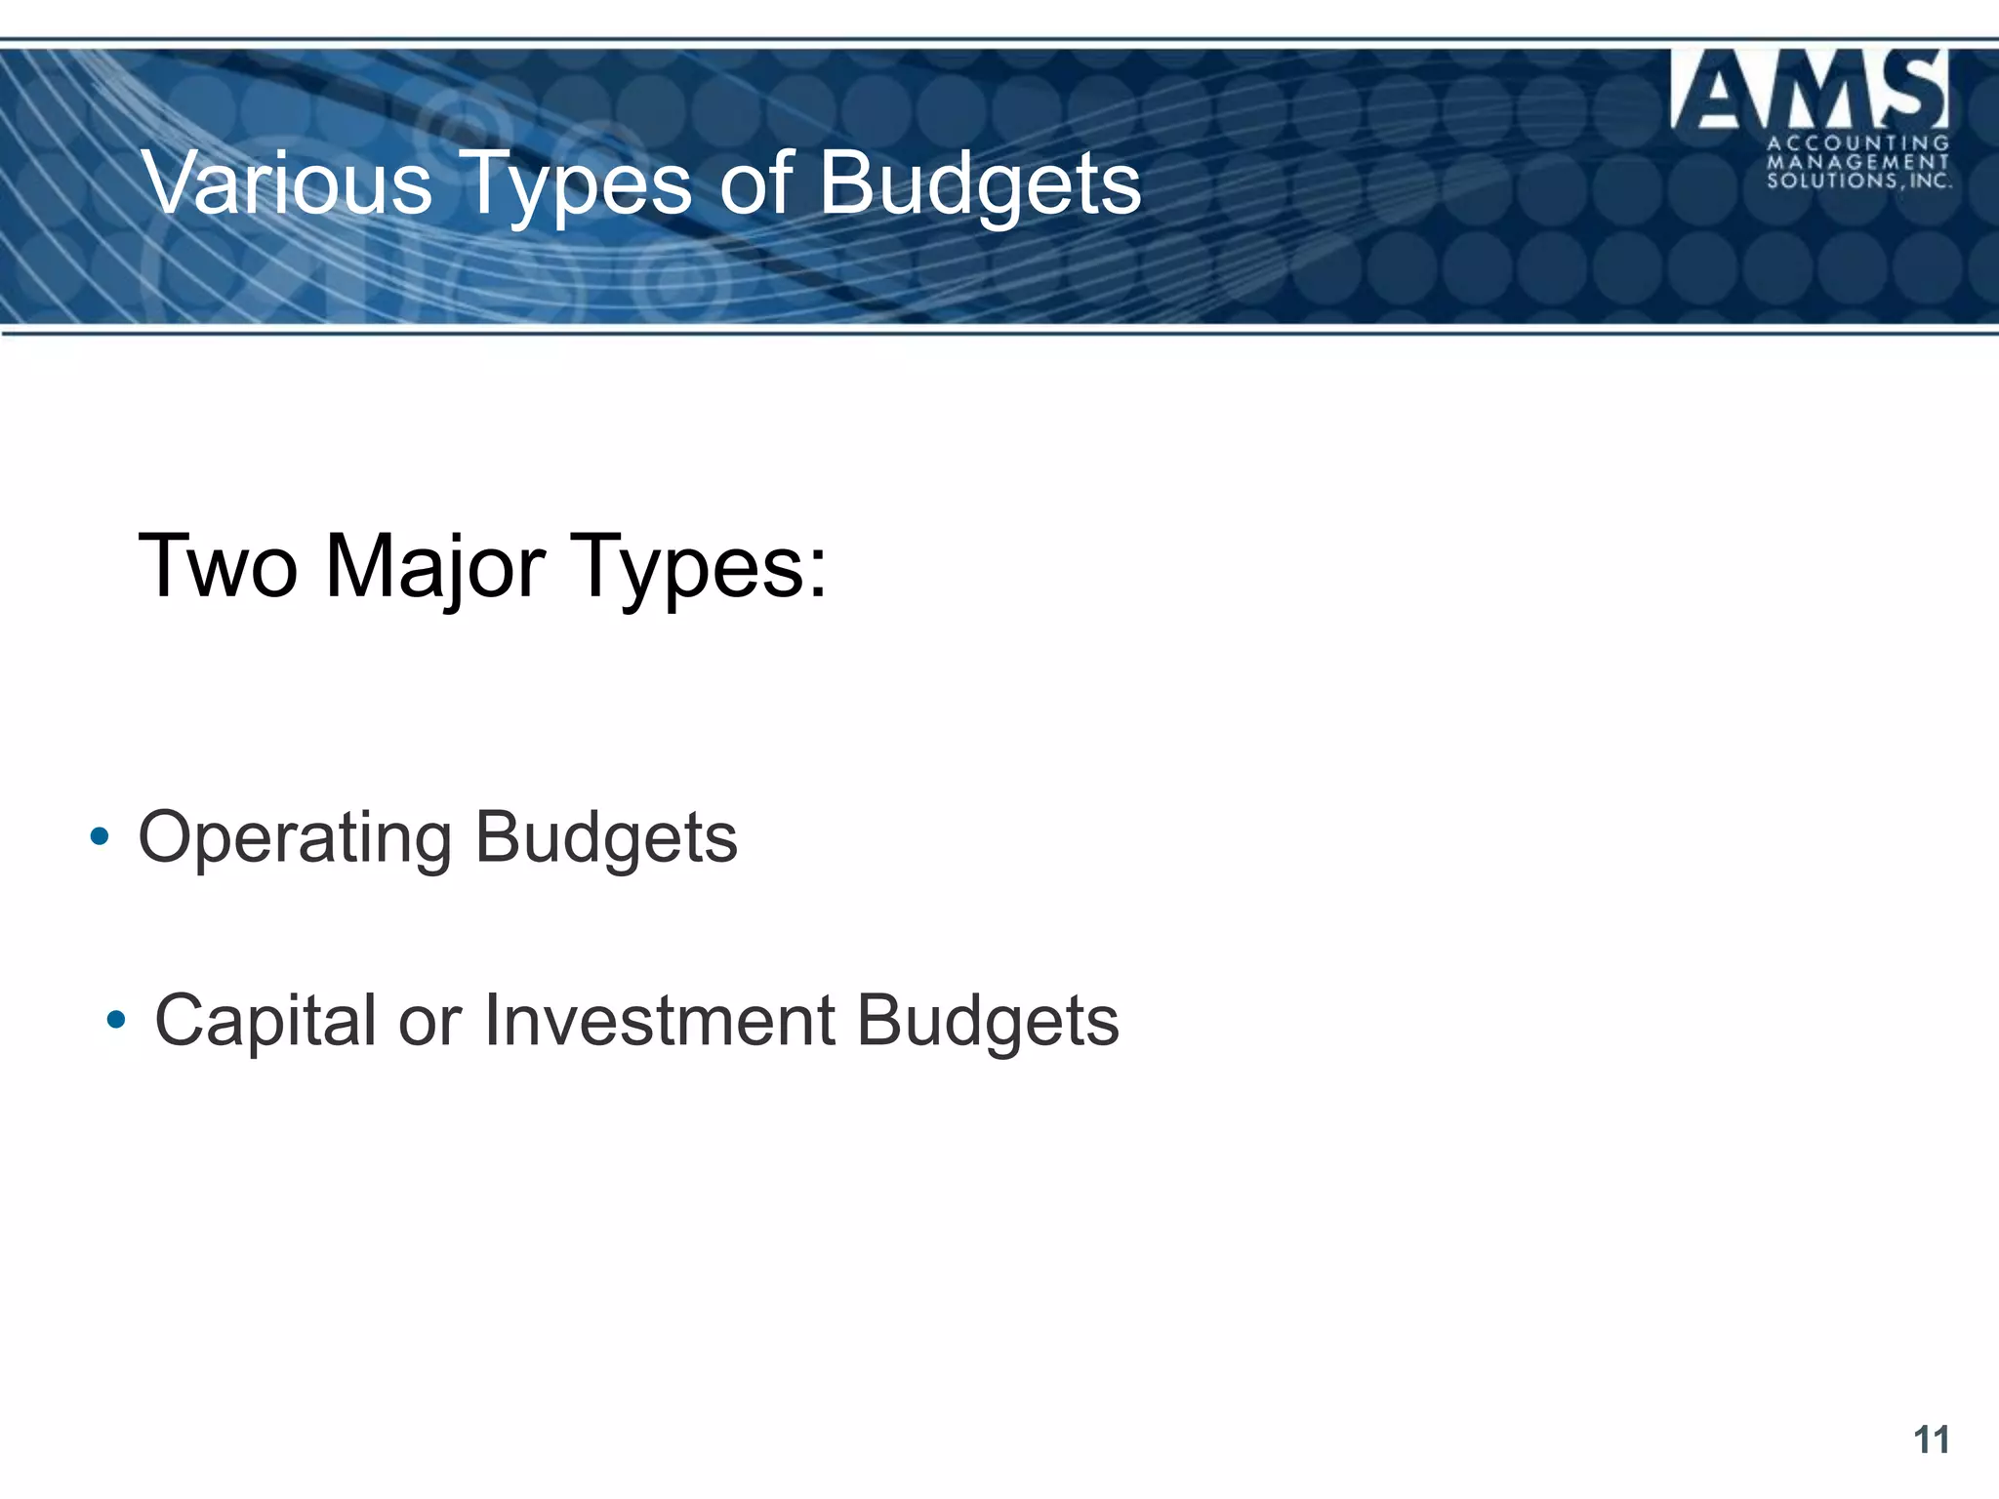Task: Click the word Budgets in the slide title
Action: (x=980, y=185)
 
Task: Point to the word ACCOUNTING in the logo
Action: (x=1857, y=144)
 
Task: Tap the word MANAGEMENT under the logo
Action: (x=1857, y=162)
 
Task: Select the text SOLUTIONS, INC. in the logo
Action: (x=1857, y=181)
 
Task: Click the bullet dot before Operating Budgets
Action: (x=99, y=836)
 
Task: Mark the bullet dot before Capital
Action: (x=116, y=1020)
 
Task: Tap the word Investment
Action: (x=660, y=1020)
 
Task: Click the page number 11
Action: (x=1931, y=1439)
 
